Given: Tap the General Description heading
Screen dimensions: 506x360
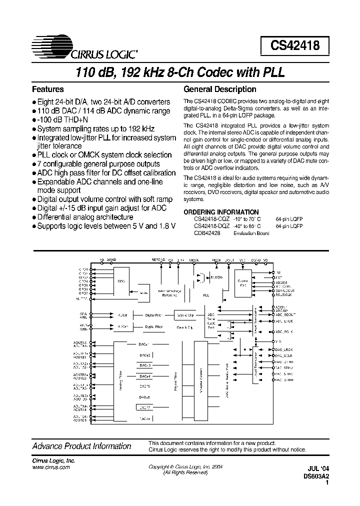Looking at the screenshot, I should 220,89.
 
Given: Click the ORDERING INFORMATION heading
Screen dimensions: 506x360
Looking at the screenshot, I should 221,212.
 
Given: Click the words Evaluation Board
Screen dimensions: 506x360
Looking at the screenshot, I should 251,233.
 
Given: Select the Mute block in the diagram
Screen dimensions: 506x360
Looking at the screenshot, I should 144,293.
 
